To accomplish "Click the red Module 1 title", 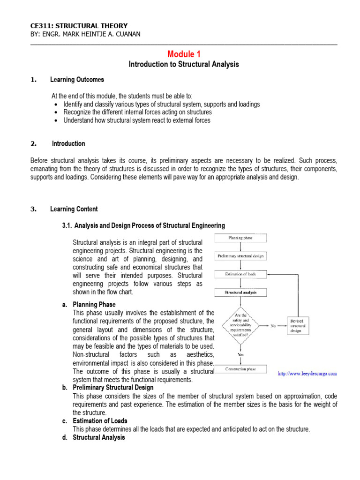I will (x=184, y=54).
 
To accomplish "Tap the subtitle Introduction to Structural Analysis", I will (x=184, y=64).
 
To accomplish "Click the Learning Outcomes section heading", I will (x=77, y=80).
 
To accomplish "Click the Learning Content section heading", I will (x=74, y=209).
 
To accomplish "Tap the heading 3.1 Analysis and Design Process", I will (x=143, y=225).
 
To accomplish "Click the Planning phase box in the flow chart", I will (x=240, y=238).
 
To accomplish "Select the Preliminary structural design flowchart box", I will (x=240, y=256).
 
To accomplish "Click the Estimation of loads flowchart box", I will (x=240, y=274).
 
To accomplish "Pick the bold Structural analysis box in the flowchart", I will (x=240, y=292).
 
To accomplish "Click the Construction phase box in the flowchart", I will (x=240, y=369).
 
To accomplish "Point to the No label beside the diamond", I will (x=273, y=326).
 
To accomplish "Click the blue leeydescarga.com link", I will (x=307, y=374).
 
